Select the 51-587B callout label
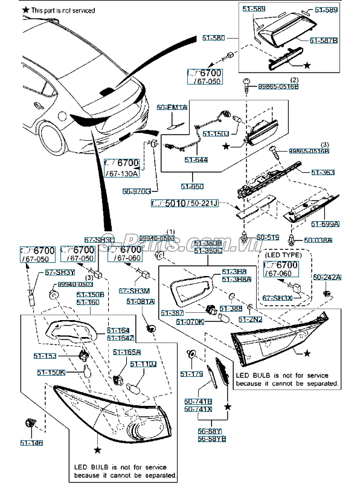point(324,40)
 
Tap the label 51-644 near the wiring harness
point(197,159)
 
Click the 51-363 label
point(323,172)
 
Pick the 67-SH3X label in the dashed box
point(276,298)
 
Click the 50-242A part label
point(327,277)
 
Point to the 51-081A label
point(141,301)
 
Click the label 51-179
point(191,374)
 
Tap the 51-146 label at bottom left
point(33,443)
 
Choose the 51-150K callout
point(51,373)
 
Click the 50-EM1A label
point(172,107)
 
